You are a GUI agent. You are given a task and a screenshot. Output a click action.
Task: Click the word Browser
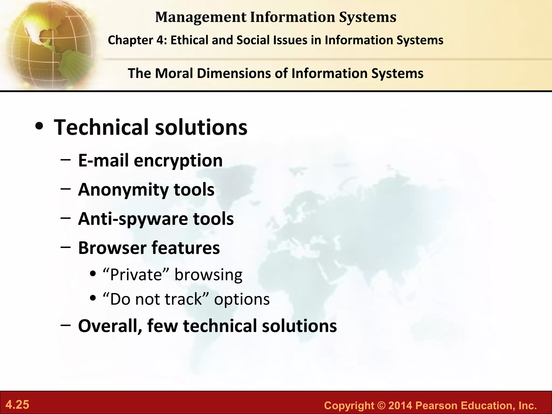pos(112,248)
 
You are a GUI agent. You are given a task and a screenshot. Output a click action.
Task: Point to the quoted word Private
pos(136,275)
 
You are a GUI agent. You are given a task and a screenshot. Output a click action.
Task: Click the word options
pos(242,299)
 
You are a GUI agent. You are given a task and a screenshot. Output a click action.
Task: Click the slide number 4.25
pos(18,405)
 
